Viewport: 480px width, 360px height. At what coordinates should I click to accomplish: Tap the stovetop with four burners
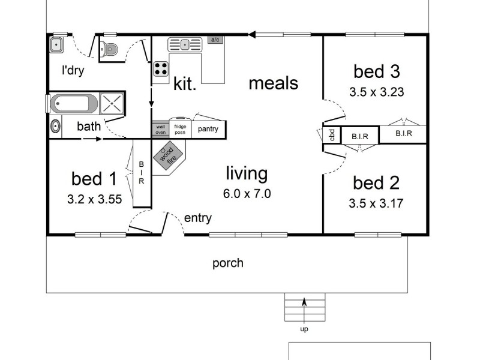pos(161,68)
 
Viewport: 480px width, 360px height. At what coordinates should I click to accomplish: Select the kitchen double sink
pos(185,44)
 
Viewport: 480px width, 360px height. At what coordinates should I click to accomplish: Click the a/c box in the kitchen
pos(215,40)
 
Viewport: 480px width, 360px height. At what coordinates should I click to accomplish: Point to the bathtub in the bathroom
pos(74,103)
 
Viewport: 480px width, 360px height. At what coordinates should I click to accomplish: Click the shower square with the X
pos(110,103)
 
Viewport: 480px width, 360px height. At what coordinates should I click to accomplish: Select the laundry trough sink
pos(58,44)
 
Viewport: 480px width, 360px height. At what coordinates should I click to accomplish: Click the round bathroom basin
pos(55,127)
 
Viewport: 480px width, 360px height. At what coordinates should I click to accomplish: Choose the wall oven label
pos(160,130)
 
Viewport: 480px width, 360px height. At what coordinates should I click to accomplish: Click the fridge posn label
pos(180,130)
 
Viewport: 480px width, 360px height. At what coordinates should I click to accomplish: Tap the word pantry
pos(208,129)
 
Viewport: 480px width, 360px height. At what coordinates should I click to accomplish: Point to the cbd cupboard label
pos(331,135)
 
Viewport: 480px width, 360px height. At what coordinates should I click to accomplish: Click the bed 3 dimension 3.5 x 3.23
pos(376,92)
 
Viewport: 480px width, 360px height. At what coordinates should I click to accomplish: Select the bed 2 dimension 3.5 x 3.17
pos(376,203)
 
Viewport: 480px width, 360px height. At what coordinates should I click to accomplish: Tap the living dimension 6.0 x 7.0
pos(246,194)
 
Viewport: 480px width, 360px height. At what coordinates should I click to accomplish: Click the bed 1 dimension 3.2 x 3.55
pos(95,199)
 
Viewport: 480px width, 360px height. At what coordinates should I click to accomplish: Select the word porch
pos(228,263)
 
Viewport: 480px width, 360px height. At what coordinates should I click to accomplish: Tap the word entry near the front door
pos(197,218)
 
